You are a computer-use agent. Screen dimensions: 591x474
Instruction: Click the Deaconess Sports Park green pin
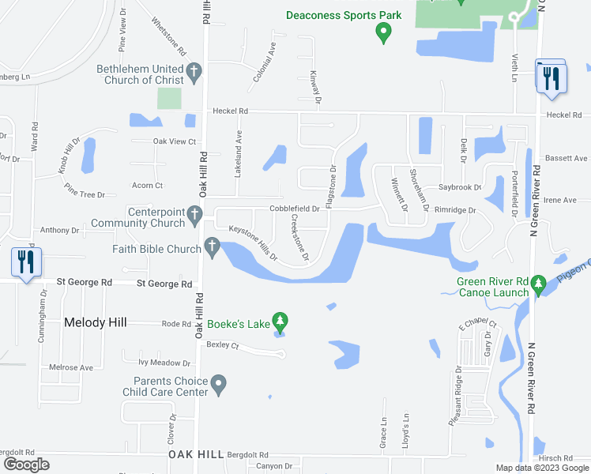click(383, 32)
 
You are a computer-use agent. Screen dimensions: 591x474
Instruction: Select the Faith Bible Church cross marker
click(212, 248)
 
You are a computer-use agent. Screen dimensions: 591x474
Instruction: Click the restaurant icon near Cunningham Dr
click(26, 263)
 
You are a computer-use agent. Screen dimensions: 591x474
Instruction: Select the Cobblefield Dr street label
click(294, 209)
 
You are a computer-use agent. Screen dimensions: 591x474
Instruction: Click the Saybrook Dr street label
click(461, 188)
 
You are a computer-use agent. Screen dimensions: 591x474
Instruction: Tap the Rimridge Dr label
click(455, 211)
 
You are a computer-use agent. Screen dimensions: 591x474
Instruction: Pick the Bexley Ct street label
click(222, 345)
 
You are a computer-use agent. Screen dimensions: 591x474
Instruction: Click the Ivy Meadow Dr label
click(164, 363)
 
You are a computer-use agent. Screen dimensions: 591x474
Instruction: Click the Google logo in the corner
click(26, 465)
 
